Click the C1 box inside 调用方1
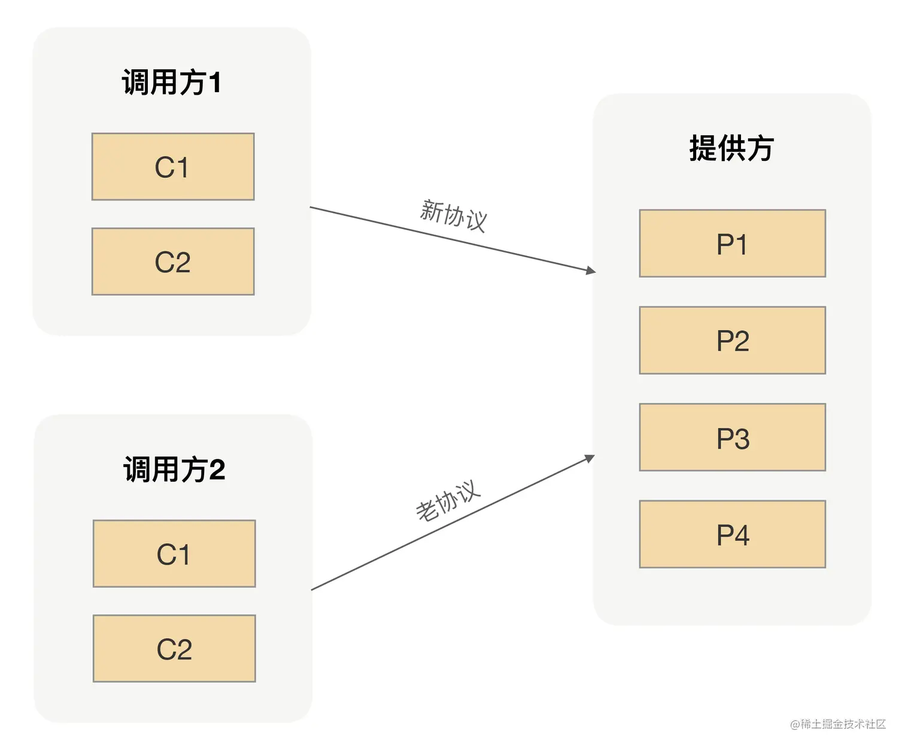coord(173,167)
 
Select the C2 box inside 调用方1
coord(173,261)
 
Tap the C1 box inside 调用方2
coord(174,554)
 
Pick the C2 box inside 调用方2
coord(174,648)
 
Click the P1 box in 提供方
coord(732,243)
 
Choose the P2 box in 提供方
coord(732,340)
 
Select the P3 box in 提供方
coord(732,437)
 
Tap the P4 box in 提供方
coord(732,534)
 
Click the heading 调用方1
coord(172,82)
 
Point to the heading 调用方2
coord(174,469)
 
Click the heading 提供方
coord(731,148)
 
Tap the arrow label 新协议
coord(454,215)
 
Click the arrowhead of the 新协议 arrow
coord(591,271)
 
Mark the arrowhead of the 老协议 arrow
coord(590,458)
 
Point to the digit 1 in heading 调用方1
coord(215,83)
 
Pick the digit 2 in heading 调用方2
coord(217,470)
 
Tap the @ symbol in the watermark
coord(795,725)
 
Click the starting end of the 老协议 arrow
coord(312,590)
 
